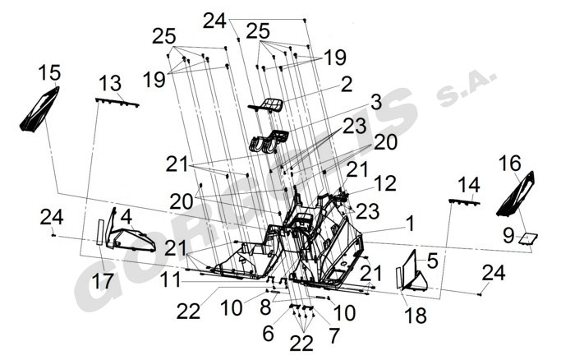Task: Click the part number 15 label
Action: [x=48, y=73]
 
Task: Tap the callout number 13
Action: [x=110, y=83]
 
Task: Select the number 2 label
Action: [x=347, y=84]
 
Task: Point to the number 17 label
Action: [x=103, y=280]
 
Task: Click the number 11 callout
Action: [x=170, y=279]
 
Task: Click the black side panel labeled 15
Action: [x=39, y=109]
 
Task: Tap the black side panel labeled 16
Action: [x=517, y=192]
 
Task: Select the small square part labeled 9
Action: [x=526, y=238]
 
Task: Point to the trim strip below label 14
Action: [x=464, y=201]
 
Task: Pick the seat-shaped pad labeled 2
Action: [x=268, y=104]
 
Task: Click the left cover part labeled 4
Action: [x=131, y=239]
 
